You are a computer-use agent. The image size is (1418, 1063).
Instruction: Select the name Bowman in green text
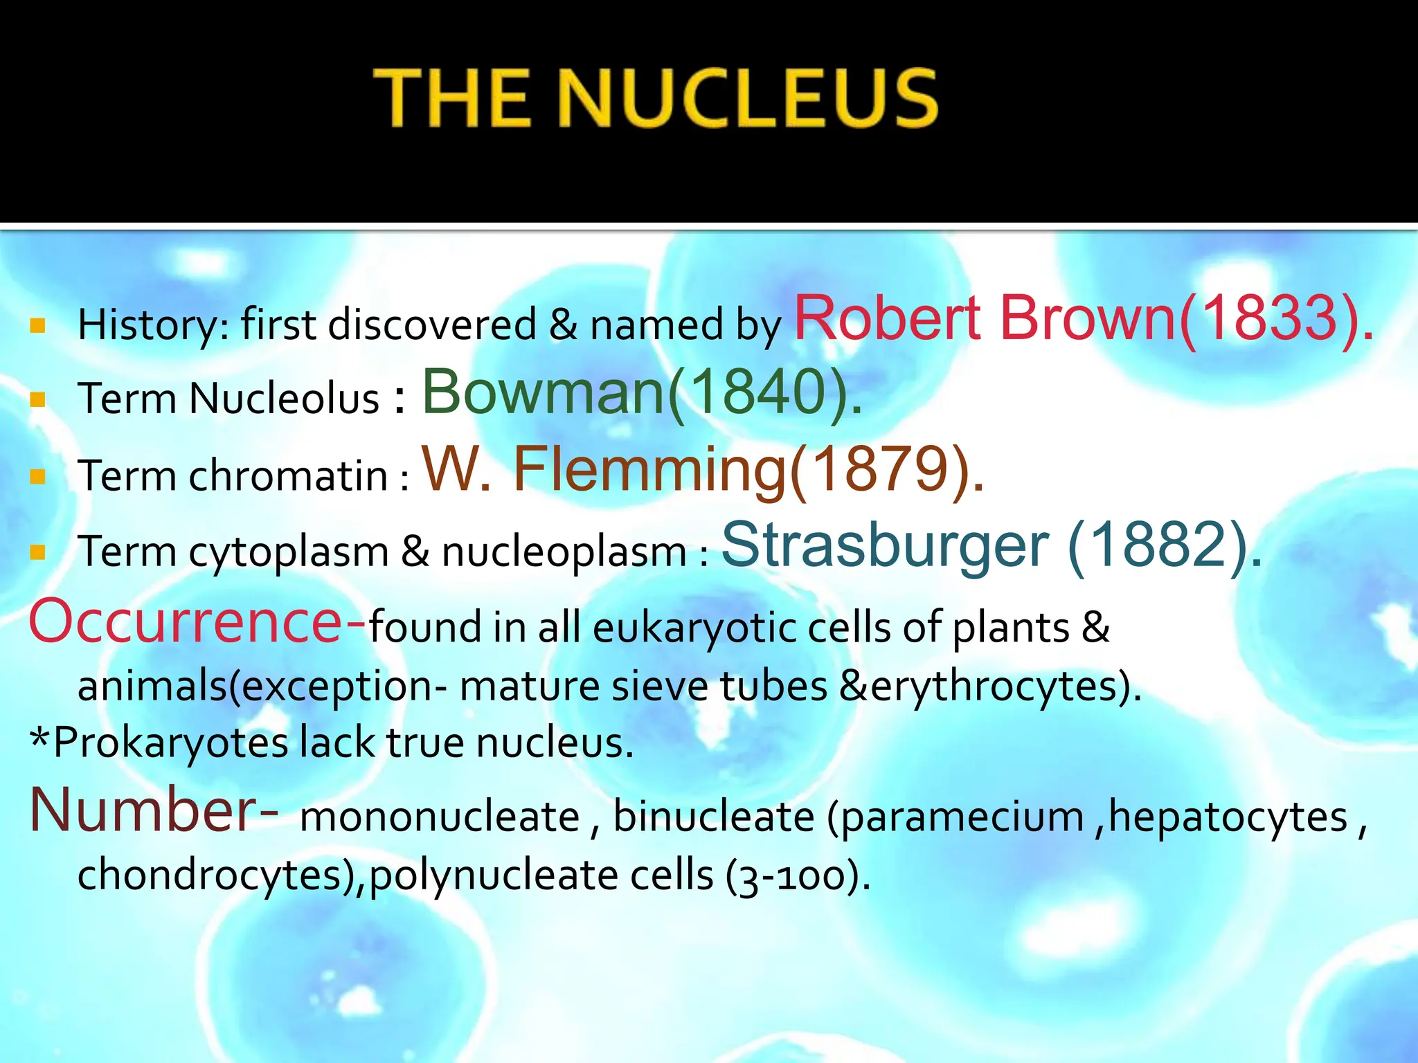click(x=543, y=392)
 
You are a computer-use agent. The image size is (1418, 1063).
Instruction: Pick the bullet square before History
click(x=38, y=325)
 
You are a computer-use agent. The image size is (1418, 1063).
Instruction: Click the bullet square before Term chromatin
click(x=38, y=476)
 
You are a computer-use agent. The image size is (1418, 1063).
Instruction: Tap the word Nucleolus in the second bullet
click(x=285, y=399)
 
